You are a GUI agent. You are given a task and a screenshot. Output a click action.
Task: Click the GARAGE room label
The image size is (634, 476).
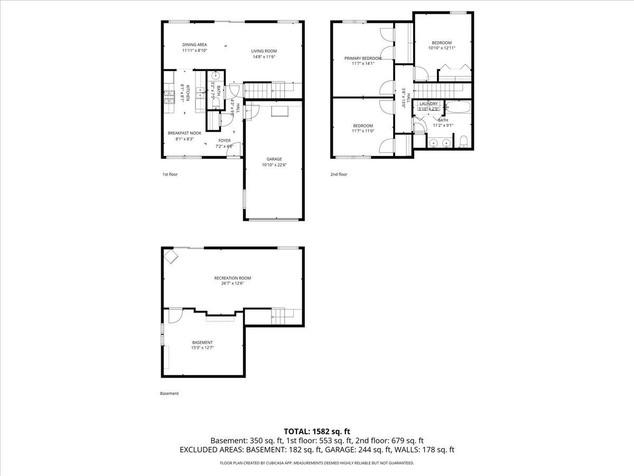(274, 159)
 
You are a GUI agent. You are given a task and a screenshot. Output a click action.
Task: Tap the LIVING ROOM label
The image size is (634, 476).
(264, 51)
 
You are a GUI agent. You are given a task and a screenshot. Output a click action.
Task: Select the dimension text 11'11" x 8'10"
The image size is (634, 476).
(194, 51)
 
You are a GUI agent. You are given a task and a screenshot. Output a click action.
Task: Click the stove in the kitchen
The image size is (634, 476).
(169, 96)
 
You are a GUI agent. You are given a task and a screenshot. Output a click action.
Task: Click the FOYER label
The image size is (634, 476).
(225, 140)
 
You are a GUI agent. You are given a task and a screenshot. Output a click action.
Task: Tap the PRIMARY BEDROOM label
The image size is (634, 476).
(362, 58)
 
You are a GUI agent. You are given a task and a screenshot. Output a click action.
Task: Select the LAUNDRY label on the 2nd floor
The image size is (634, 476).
(428, 104)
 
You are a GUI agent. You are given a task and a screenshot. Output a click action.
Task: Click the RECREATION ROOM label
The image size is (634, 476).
(232, 278)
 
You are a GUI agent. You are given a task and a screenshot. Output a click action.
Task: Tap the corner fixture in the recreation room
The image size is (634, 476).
(171, 257)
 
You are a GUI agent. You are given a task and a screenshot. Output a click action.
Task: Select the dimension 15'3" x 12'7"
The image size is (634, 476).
(202, 348)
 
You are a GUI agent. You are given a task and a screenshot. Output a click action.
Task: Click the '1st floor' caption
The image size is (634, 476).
(170, 174)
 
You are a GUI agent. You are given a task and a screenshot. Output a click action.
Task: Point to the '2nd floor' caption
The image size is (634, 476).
(339, 174)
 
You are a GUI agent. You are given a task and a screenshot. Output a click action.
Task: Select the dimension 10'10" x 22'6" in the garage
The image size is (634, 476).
(274, 165)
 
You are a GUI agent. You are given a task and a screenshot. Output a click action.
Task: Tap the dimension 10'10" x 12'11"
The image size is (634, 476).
(442, 48)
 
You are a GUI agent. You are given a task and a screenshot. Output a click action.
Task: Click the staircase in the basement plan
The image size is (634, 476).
(278, 316)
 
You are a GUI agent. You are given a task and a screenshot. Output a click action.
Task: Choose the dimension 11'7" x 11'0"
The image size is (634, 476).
(362, 131)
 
